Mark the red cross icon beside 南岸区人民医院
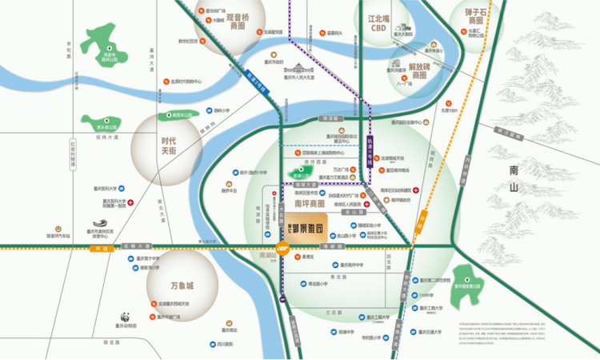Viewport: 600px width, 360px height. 366,204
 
